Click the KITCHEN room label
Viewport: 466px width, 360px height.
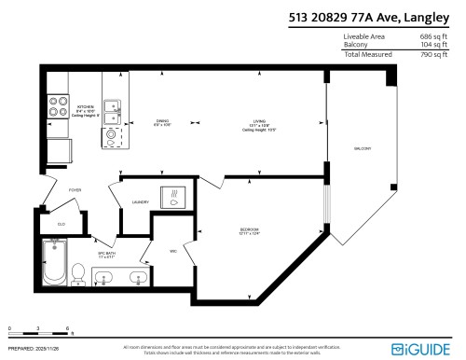pos(86,105)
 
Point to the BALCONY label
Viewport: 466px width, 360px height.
pos(363,148)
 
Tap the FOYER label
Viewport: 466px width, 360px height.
pos(75,190)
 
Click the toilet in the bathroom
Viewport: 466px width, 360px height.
pos(79,272)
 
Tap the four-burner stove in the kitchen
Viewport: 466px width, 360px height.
pos(58,107)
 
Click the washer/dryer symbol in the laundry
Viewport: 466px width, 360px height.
pos(172,197)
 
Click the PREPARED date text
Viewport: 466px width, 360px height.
pos(32,350)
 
